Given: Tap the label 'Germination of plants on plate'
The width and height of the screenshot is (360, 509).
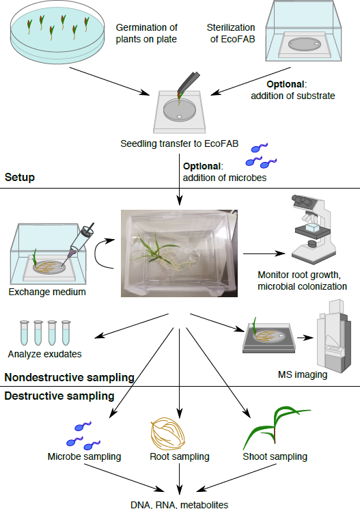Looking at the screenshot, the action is pos(146,33).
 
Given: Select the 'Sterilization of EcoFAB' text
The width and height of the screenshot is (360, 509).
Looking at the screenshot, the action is pos(231,33).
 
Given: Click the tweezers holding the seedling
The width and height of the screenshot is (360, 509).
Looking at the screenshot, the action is pos(189,81).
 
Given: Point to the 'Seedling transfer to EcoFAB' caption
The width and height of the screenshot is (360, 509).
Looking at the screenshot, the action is pos(180,143).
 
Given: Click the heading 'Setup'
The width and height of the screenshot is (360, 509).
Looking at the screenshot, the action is pos(20,177).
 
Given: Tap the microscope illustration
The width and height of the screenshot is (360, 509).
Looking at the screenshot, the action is pos(314,230).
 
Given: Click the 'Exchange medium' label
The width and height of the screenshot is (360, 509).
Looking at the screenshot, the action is pos(47,292).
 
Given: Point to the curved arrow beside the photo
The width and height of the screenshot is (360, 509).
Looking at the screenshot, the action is pos(96,254).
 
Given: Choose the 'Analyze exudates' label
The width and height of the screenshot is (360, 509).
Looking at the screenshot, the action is pos(45,354).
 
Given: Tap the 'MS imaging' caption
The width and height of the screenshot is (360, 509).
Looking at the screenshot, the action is pos(303,374).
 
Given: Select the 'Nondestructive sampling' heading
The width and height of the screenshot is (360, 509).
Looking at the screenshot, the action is pos(70,377).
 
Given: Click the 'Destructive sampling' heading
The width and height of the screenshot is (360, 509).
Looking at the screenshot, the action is pos(59,396).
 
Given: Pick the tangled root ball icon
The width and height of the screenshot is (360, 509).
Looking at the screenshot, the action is pos(167,434).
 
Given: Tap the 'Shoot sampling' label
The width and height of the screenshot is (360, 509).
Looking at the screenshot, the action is pos(275,456).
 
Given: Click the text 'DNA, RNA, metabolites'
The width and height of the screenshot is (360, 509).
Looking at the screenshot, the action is pos(180,504).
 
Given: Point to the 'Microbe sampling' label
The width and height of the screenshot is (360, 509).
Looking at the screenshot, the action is pos(85,456).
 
